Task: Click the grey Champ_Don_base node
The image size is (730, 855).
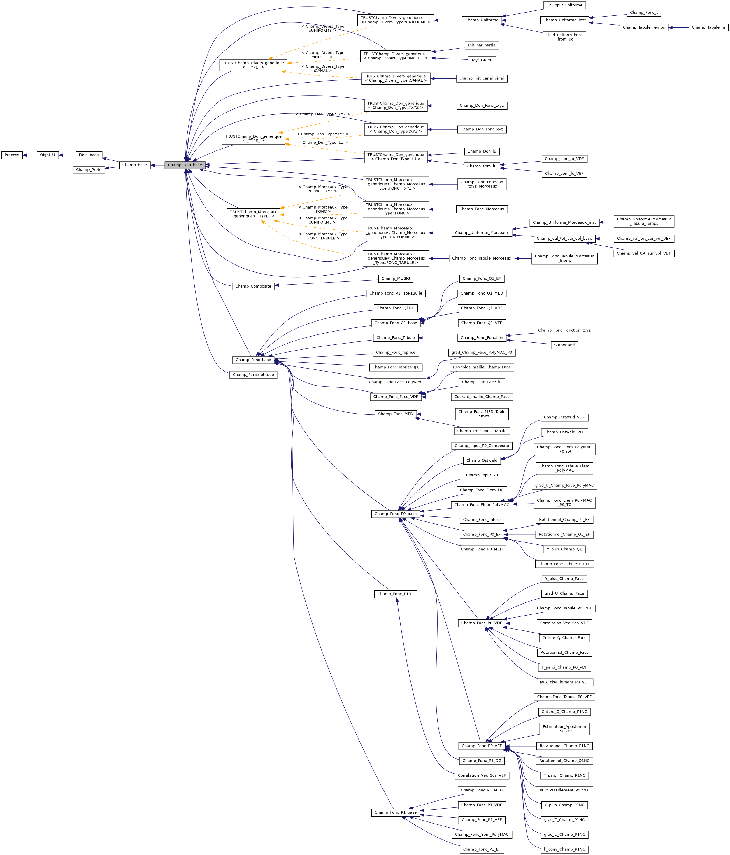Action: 185,165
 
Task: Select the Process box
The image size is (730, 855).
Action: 12,155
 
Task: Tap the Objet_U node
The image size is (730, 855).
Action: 48,155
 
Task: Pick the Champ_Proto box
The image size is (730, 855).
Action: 89,170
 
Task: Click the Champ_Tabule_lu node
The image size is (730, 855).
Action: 708,27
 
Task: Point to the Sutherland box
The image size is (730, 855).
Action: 564,345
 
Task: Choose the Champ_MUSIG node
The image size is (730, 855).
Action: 396,278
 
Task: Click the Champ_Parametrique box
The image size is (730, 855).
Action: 253,375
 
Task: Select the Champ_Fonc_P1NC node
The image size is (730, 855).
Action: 396,594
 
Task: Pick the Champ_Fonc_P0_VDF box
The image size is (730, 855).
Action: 482,623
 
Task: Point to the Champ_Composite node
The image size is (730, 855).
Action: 253,286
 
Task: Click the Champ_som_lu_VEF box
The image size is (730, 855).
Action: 564,174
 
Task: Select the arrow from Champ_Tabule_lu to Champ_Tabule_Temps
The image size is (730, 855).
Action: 678,27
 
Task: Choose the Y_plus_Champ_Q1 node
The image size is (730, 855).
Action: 564,549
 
